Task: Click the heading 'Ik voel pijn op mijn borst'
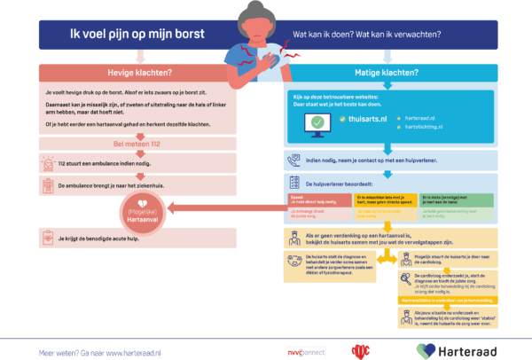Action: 137,35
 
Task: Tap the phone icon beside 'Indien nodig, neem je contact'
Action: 296,160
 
